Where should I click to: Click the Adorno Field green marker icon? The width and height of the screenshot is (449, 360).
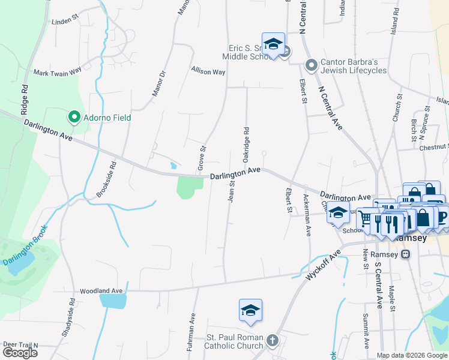click(74, 117)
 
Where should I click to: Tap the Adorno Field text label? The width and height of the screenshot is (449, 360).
click(106, 118)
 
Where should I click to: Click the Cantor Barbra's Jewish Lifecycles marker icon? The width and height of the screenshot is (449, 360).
click(311, 64)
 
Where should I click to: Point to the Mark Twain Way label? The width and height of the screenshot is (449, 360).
click(57, 72)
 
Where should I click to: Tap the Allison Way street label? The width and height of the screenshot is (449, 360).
click(208, 71)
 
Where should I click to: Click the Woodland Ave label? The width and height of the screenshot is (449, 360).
click(101, 290)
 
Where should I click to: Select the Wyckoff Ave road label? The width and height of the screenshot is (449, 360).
click(324, 263)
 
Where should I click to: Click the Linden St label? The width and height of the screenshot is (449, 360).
click(65, 21)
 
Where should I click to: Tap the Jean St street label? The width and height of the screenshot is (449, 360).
click(231, 189)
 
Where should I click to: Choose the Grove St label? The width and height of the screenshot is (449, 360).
click(202, 157)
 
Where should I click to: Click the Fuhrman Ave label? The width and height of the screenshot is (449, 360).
click(193, 335)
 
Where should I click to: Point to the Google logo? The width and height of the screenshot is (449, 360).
click(20, 353)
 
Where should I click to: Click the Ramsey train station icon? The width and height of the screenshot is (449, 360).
click(406, 254)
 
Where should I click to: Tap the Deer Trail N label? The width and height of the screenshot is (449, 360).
click(20, 345)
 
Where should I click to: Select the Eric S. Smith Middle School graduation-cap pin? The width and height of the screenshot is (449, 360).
click(273, 44)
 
